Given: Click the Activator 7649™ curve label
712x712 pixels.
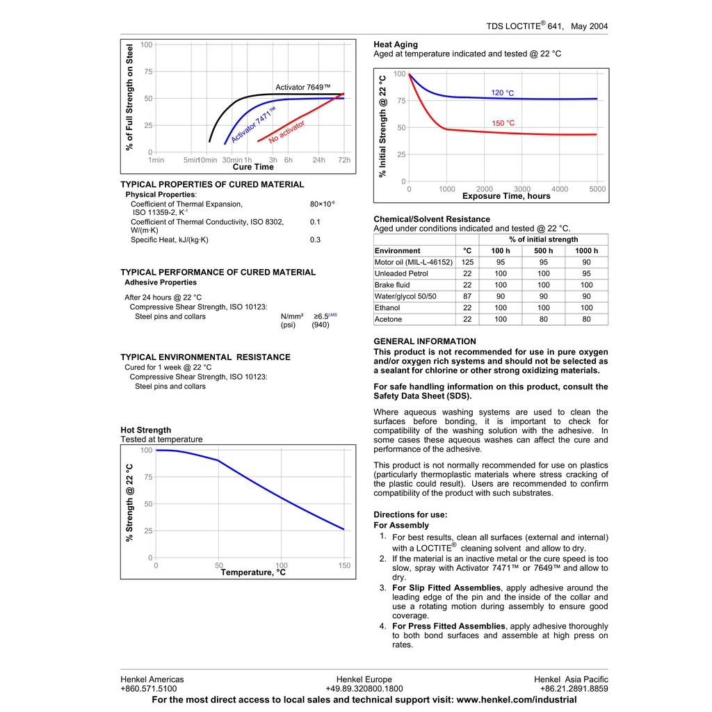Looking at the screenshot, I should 303,88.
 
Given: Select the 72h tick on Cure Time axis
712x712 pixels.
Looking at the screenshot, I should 344,160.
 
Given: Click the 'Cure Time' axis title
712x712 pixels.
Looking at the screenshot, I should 253,167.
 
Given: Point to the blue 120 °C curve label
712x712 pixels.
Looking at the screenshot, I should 503,93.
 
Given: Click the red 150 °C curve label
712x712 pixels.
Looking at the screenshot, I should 503,123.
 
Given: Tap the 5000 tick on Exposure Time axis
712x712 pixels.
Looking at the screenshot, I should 597,189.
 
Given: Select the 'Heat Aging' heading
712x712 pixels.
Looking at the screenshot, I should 396,44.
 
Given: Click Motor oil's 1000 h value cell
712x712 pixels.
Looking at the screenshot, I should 586,262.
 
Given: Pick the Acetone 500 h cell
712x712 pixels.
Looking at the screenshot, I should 543,319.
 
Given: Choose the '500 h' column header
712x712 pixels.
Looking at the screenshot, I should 543,251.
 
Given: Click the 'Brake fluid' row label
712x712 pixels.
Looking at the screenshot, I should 392,285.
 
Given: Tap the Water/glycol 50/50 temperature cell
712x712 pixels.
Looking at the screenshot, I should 467,296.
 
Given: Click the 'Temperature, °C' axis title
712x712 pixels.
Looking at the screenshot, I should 253,572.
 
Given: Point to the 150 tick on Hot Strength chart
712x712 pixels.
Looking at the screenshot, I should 344,566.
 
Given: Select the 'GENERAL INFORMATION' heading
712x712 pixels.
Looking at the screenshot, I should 425,341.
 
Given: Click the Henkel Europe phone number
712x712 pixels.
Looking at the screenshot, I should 364,688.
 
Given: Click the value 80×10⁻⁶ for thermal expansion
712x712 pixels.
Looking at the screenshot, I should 322,204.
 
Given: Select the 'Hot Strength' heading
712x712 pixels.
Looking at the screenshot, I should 145,430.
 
